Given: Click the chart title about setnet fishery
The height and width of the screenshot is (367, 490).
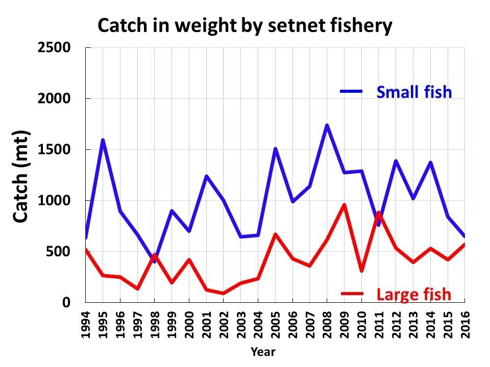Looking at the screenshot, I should click(x=245, y=25).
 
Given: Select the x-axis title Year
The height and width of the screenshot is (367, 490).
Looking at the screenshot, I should click(x=263, y=352).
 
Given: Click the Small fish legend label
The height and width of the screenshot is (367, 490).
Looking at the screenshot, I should click(x=414, y=92).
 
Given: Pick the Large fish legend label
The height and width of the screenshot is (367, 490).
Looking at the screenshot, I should click(x=413, y=294).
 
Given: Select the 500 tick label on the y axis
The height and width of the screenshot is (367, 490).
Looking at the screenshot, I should click(x=60, y=252).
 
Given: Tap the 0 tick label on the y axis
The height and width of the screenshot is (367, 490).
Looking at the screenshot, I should click(x=66, y=303).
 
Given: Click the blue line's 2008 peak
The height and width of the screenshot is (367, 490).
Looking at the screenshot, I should click(x=327, y=125).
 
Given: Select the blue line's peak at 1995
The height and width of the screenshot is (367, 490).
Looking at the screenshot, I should click(x=103, y=140).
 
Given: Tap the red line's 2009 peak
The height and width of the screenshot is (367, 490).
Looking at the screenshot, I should click(x=344, y=205).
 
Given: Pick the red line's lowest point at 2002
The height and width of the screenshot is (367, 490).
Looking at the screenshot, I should click(x=224, y=294).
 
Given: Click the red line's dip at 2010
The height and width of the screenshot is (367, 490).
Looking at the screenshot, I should click(x=361, y=271).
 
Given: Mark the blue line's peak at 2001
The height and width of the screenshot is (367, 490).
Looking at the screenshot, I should click(x=206, y=176).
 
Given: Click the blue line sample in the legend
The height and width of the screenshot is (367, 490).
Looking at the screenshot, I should click(x=351, y=92).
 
